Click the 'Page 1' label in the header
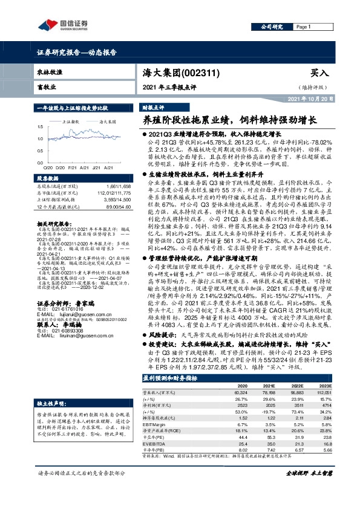[x=303, y=27]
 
